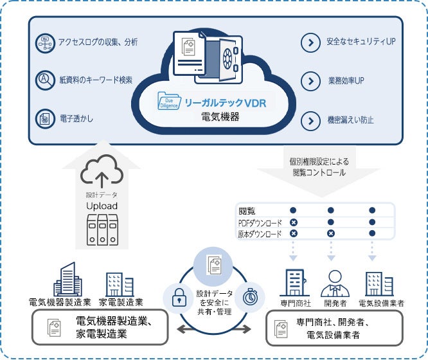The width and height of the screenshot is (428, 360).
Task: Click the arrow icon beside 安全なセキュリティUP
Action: (311, 43)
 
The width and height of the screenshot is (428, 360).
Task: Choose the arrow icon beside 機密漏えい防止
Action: (311, 120)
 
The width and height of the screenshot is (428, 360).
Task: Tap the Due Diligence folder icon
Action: (170, 102)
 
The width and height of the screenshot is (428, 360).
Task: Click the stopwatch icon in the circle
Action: (249, 296)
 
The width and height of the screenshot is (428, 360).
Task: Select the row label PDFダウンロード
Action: (260, 222)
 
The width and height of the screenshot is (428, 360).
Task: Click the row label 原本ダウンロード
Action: (260, 235)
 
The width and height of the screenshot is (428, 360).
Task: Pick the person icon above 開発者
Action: (334, 282)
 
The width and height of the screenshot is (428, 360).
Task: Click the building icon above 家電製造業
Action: (120, 285)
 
